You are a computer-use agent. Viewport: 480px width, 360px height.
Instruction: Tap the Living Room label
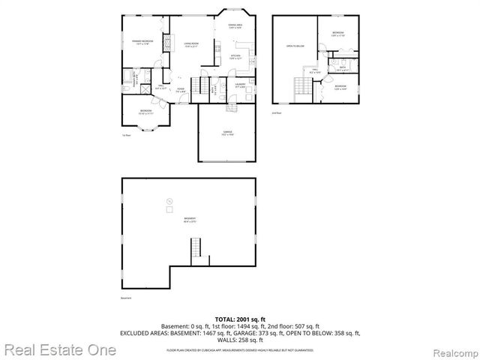(x=191, y=44)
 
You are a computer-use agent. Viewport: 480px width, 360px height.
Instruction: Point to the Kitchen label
(x=235, y=57)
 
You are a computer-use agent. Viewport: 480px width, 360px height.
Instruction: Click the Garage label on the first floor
(x=226, y=133)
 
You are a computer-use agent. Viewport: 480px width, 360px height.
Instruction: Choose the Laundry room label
(x=240, y=85)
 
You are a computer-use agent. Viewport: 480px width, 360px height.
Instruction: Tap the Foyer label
(x=181, y=91)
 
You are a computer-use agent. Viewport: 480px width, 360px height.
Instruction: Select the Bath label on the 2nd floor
(x=341, y=67)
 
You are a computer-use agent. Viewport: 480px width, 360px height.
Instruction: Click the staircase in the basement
(x=196, y=247)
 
